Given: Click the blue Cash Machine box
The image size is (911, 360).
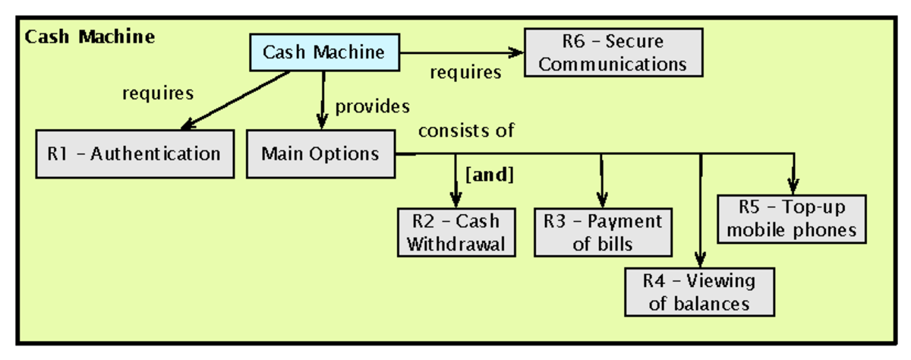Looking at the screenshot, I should [324, 53].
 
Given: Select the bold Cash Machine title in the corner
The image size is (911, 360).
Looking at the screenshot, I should [90, 36].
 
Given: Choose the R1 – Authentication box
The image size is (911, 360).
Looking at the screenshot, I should [134, 154].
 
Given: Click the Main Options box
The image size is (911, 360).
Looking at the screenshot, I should [320, 154].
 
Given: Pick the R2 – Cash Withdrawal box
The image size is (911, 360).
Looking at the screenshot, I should [455, 232].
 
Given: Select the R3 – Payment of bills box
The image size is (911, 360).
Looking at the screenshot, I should [604, 232].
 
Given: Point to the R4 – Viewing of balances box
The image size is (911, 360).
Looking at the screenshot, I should [699, 292].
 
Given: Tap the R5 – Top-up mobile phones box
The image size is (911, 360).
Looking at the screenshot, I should [792, 219].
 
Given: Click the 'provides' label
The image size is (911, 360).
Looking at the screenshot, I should [373, 106].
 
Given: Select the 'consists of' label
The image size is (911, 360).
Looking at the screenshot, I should [466, 131].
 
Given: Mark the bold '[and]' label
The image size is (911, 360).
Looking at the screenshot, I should [489, 175].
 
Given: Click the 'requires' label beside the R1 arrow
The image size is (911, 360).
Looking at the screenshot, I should [158, 93].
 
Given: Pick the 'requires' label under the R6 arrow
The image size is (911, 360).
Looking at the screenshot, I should [465, 73].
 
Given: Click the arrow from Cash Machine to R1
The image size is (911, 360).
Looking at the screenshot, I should [235, 100].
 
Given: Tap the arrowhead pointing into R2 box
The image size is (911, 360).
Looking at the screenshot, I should [455, 201].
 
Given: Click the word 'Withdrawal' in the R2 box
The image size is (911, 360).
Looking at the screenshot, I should [455, 244].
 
